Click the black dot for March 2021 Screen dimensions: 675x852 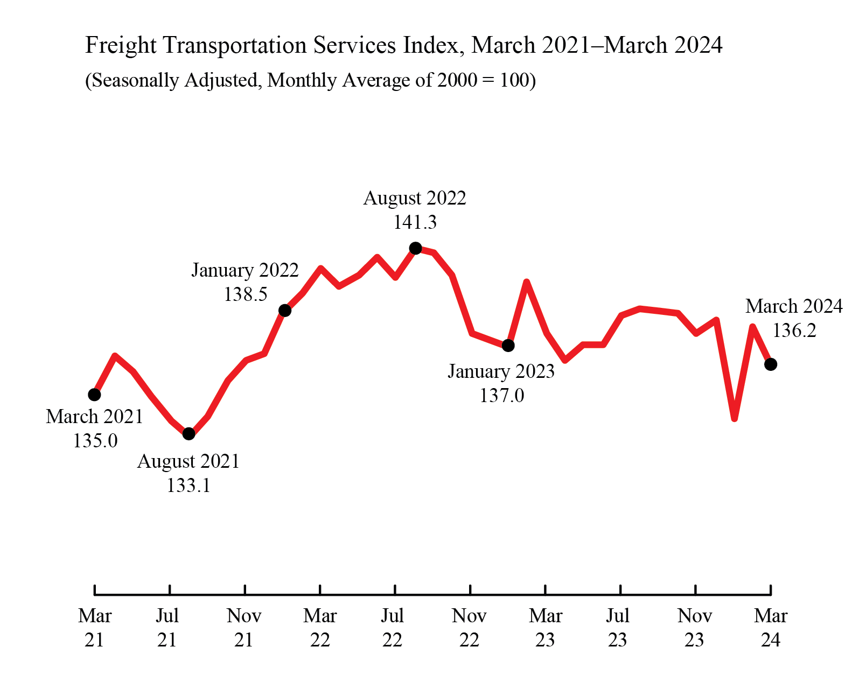point(94,395)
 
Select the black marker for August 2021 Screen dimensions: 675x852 point(188,433)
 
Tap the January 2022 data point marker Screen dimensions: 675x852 point(285,310)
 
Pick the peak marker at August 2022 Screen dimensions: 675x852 point(415,248)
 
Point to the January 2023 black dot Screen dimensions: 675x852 point(508,345)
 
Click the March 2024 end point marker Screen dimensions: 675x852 point(771,364)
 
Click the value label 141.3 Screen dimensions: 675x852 point(415,222)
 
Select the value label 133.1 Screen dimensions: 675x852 point(188,486)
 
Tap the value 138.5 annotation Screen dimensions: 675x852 point(246,294)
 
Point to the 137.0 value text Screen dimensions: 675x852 point(501,396)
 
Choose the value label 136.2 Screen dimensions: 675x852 point(794,330)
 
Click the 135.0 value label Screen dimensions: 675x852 point(95,441)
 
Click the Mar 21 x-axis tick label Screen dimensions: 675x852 point(94,628)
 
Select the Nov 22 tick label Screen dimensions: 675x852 point(469,628)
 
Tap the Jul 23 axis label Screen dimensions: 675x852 point(618,628)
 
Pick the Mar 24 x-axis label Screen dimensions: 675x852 point(771,628)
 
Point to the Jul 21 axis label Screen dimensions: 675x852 point(167,628)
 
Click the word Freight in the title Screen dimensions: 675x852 point(121,46)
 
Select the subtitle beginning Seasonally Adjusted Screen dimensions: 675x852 point(310,80)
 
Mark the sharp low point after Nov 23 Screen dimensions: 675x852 point(735,418)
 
